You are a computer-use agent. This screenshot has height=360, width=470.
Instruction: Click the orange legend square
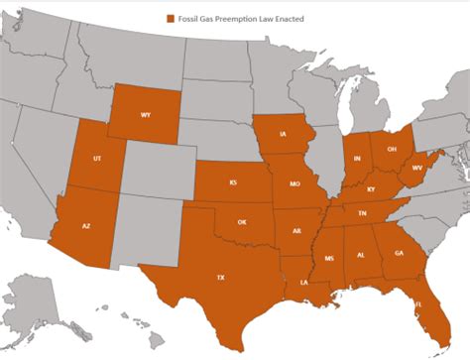tap(171, 19)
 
